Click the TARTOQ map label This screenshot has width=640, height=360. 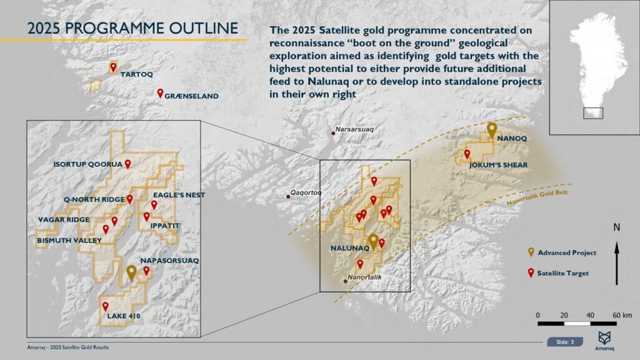(136, 74)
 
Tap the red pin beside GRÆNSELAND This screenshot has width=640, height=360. (160, 94)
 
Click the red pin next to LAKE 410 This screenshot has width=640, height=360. (106, 306)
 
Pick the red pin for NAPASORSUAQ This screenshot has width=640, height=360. (146, 271)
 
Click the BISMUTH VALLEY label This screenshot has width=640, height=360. (69, 240)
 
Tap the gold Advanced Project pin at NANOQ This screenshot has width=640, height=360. (492, 130)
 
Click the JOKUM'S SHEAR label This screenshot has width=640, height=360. (499, 165)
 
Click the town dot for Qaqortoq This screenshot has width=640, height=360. (288, 197)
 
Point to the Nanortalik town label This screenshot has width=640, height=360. (364, 276)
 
